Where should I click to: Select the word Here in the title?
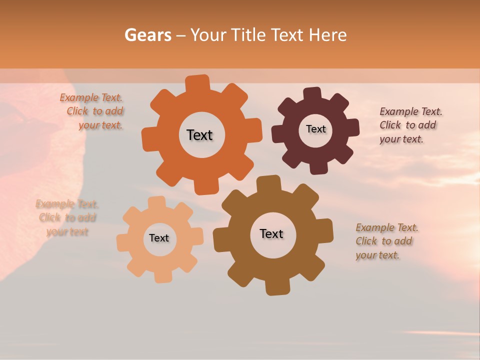click(x=327, y=35)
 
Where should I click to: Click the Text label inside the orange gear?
click(x=199, y=135)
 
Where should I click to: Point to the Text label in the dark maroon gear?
click(x=315, y=129)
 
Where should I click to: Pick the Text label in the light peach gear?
click(x=159, y=238)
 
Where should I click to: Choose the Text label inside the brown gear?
click(x=271, y=233)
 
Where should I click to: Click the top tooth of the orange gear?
click(x=198, y=83)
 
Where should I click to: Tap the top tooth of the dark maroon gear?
click(x=312, y=94)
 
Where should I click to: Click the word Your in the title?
click(x=208, y=35)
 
